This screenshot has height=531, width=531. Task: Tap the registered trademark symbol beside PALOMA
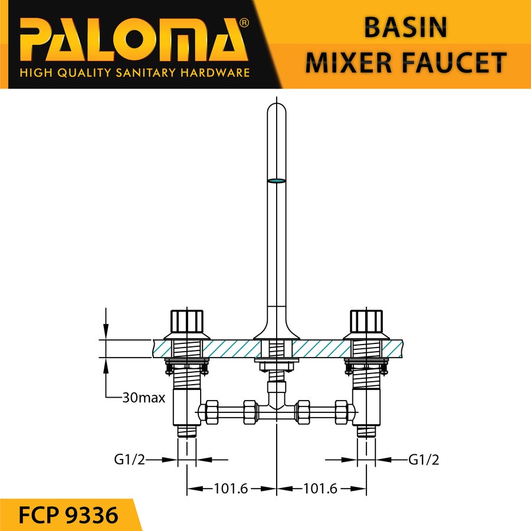244,22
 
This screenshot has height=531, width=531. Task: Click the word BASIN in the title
405,27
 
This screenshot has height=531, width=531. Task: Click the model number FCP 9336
68,515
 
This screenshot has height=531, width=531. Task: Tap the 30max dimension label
143,398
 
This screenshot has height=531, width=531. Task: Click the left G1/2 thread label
129,460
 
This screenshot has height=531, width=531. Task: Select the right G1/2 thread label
424,460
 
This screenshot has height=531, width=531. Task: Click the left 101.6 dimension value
231,489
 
